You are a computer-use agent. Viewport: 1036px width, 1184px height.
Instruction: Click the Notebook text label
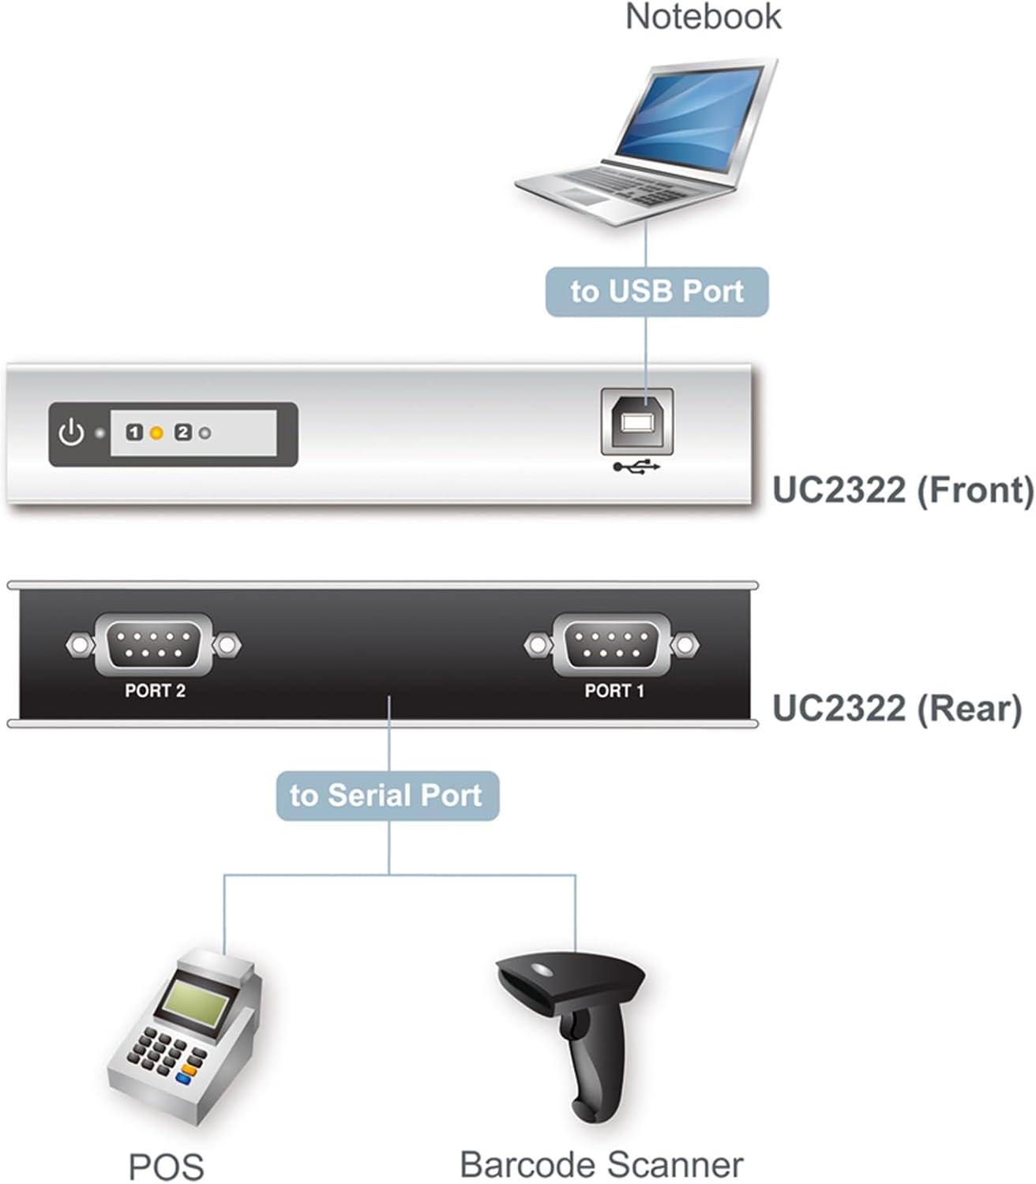pos(703,17)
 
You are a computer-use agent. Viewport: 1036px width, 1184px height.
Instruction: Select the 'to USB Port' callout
pos(657,291)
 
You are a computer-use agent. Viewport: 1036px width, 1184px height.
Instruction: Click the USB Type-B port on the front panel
pos(637,422)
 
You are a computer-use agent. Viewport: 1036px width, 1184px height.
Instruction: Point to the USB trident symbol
pos(636,467)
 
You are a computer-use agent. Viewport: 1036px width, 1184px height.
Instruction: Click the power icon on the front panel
pos(71,433)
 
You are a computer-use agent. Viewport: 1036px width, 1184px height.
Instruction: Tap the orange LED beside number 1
pos(156,433)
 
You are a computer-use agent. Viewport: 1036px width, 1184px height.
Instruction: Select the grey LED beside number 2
pos(205,433)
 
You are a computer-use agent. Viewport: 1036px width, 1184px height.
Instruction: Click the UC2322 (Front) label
pos(903,490)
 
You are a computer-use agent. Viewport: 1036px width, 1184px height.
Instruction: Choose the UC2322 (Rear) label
pos(896,708)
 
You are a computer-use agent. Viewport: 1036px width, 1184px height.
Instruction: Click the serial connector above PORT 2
pos(153,644)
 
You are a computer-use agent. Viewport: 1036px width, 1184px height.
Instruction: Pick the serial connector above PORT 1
pos(612,644)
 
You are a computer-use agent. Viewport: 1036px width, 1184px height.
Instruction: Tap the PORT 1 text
pos(614,691)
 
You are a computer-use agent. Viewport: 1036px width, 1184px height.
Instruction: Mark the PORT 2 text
pos(155,691)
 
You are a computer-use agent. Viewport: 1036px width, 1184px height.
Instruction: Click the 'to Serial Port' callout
pos(387,796)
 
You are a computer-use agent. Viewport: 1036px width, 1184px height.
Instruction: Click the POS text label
pos(166,1167)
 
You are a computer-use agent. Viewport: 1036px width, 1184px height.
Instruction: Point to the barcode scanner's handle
pos(588,1066)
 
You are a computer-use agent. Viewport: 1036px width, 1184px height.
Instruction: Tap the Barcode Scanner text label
pos(602,1165)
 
